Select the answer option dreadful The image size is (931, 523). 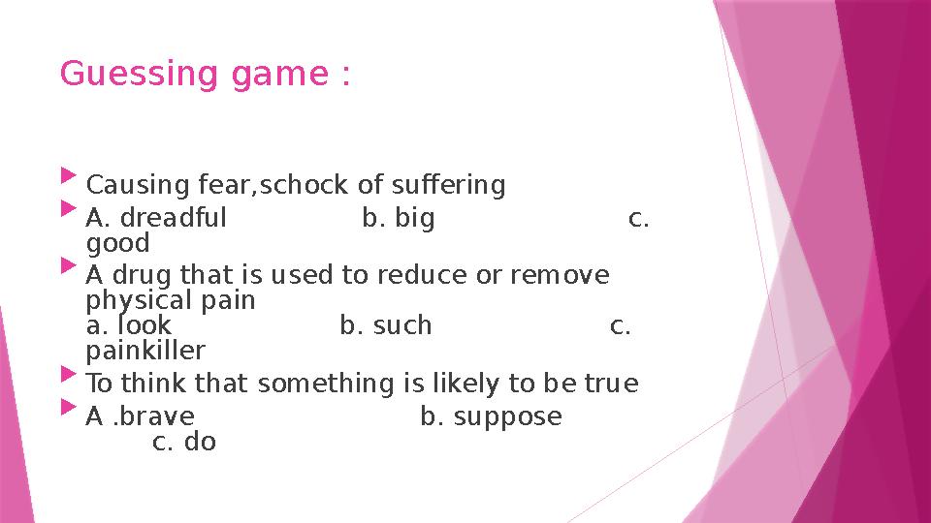pos(171,218)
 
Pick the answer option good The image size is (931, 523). pos(117,243)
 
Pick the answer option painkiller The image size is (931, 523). pos(145,350)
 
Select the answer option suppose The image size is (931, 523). pos(507,416)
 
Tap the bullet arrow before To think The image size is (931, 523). pos(67,373)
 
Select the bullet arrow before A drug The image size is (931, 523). pos(67,263)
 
